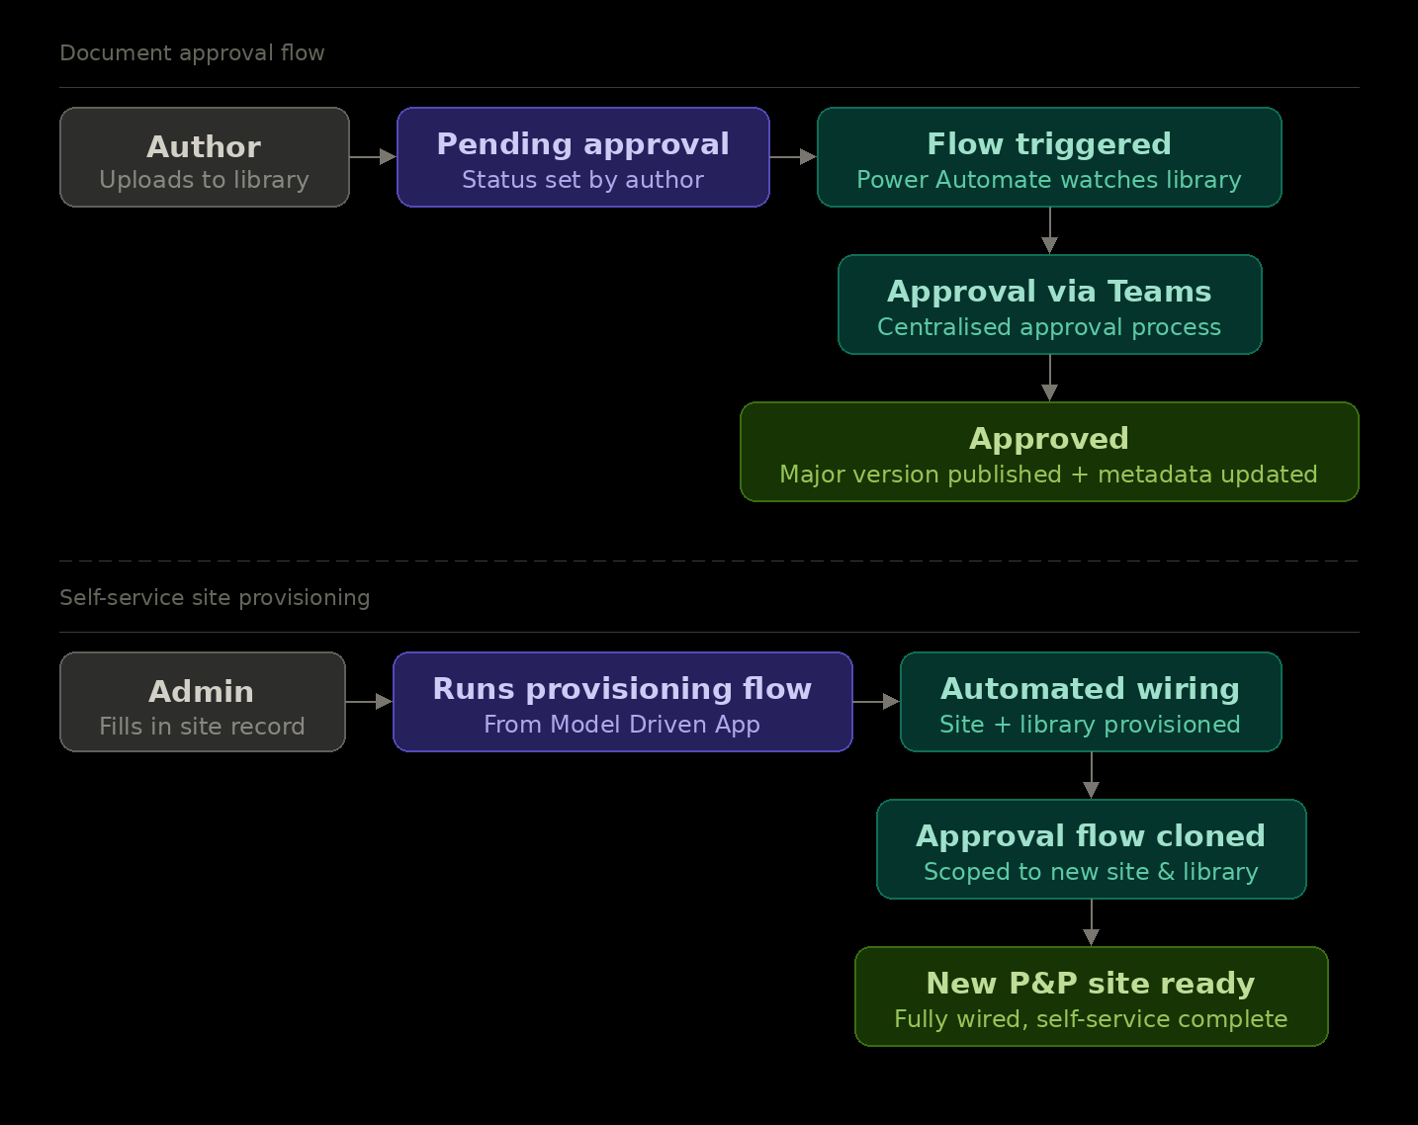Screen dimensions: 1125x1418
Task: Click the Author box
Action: [x=205, y=157]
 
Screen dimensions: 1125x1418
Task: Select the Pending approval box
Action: [x=583, y=157]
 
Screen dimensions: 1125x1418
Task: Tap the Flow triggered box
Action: [x=1049, y=157]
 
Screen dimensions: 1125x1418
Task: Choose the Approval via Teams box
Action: [x=1049, y=304]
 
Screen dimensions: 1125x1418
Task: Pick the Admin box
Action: [x=203, y=702]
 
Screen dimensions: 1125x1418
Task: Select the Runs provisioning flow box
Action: [x=622, y=702]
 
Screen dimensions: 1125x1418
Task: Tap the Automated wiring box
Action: [x=1091, y=702]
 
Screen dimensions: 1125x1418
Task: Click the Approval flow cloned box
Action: [x=1091, y=849]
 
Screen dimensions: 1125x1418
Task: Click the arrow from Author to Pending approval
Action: [x=374, y=157]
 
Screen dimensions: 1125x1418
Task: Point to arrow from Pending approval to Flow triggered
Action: [x=793, y=157]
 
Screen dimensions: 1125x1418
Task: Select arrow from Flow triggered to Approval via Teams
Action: [x=1049, y=231]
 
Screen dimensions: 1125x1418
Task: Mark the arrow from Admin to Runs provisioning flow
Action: [x=370, y=702]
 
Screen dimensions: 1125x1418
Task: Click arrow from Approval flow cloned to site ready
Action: [x=1091, y=923]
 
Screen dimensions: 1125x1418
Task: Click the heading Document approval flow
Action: [x=192, y=53]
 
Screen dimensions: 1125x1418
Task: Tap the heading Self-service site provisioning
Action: [x=215, y=598]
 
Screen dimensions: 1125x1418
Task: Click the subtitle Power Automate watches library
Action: [x=1049, y=180]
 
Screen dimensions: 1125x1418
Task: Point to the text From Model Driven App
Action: [x=622, y=725]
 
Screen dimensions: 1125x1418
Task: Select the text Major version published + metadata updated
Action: [x=1049, y=475]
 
